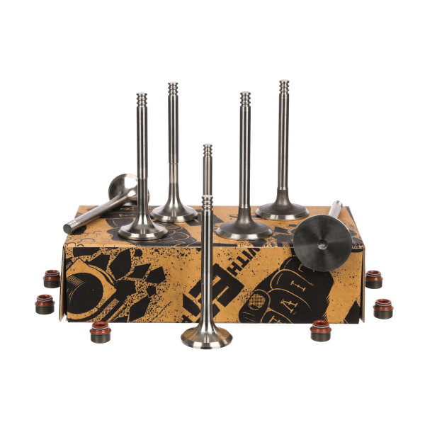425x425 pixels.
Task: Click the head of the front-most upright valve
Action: (x=206, y=336)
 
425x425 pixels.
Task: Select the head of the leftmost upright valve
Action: (x=142, y=229)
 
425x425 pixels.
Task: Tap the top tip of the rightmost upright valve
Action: (x=284, y=83)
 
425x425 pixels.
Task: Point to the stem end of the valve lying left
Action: (x=69, y=227)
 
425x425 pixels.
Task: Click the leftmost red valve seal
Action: (x=45, y=305)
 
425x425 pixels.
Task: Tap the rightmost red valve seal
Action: (x=383, y=309)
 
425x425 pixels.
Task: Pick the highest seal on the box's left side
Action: (x=52, y=278)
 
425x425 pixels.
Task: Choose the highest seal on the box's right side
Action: (x=373, y=278)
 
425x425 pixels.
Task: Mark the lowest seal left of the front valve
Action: (x=100, y=331)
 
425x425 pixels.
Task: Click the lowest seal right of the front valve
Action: (x=321, y=330)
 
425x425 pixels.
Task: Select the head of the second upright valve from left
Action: (x=174, y=211)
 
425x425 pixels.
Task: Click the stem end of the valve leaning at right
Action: (x=336, y=206)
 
